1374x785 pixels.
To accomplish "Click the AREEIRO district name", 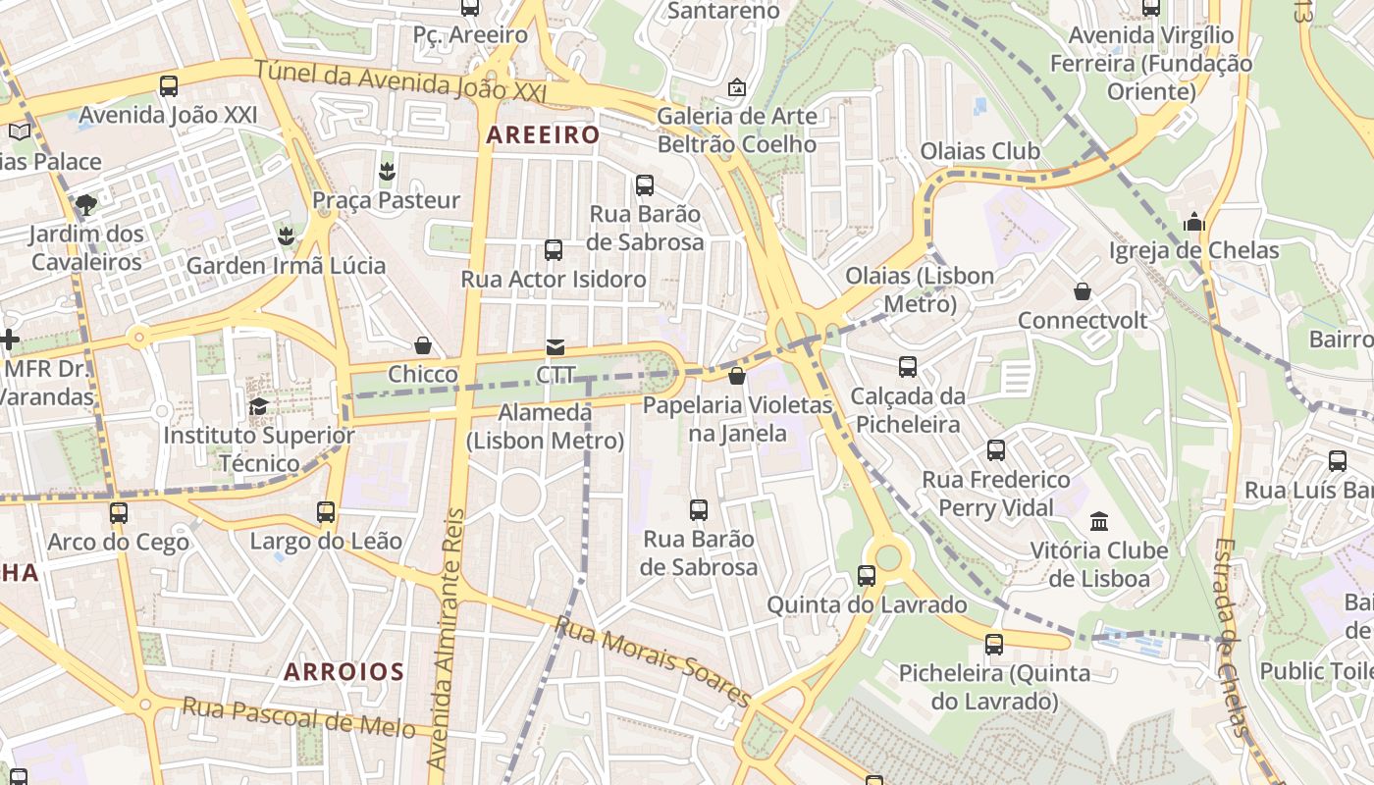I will [x=543, y=134].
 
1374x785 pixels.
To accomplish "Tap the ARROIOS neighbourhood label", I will [x=343, y=672].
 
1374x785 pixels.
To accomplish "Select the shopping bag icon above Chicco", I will [x=423, y=345].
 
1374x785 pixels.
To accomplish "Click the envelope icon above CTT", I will [x=555, y=346].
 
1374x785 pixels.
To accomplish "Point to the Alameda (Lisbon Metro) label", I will [x=545, y=427].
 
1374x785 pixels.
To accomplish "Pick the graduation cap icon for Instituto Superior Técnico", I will [x=259, y=406].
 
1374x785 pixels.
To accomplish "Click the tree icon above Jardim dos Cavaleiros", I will [x=86, y=205].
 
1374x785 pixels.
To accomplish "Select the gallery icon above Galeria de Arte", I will [x=736, y=87].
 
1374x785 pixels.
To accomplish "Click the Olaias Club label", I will [x=979, y=151].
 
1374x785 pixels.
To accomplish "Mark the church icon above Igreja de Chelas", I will [x=1193, y=222].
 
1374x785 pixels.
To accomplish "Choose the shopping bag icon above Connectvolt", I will [x=1082, y=291].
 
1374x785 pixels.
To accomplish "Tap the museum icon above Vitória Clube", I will [x=1099, y=521].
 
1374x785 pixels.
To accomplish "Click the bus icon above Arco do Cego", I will [x=119, y=512].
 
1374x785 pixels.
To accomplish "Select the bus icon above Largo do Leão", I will [x=326, y=512].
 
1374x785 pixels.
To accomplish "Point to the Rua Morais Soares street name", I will [x=653, y=660].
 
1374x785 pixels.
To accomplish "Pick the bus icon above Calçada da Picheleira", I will [x=908, y=367].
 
